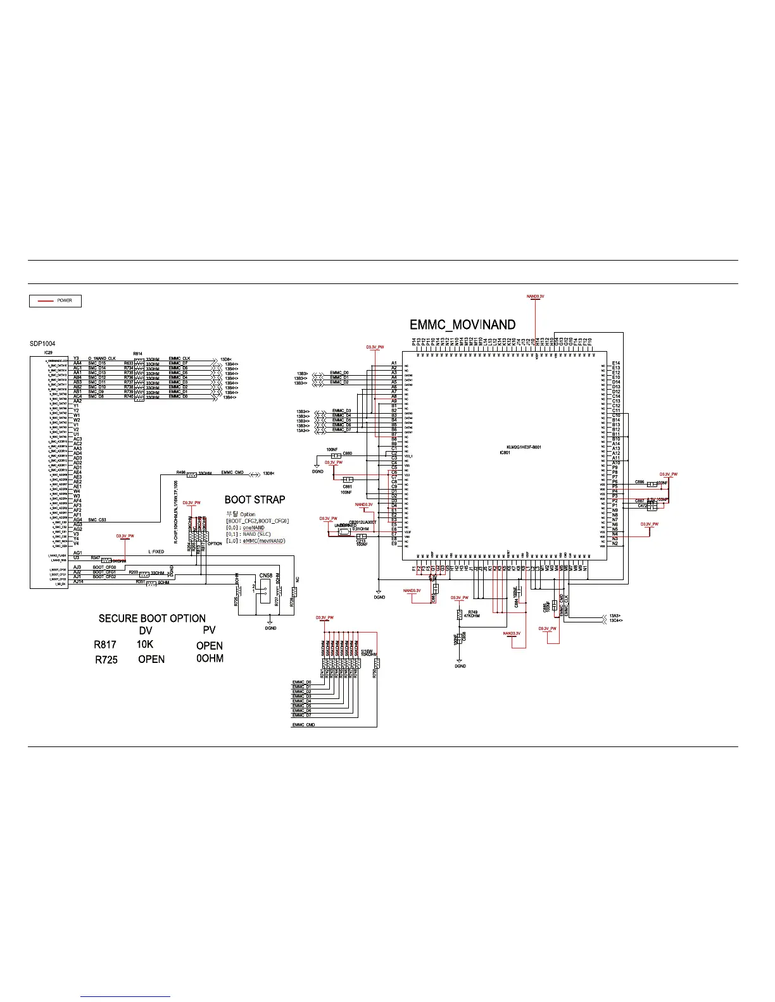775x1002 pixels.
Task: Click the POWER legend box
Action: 56,301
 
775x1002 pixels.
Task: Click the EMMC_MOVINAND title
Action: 462,325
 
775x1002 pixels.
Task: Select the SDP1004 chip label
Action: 42,344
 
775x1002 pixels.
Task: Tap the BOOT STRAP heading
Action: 255,499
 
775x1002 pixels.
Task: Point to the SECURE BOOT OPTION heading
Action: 152,618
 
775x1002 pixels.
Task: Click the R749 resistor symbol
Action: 458,614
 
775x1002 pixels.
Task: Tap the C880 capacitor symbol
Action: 335,455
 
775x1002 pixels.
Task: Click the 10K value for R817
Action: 145,645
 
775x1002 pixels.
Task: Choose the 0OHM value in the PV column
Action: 210,659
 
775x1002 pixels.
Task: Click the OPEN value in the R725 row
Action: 151,659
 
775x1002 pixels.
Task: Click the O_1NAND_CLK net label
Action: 101,359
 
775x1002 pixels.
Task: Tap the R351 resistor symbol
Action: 151,583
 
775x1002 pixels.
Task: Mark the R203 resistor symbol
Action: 144,574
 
